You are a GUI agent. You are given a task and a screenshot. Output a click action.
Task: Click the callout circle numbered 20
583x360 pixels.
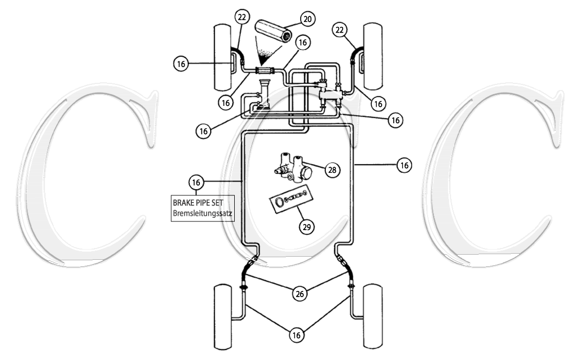[307, 18]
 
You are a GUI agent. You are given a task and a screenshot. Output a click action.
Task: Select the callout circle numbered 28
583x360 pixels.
[332, 170]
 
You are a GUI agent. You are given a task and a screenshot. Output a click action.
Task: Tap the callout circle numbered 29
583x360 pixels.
[307, 227]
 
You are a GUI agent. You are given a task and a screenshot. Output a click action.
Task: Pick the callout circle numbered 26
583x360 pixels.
[299, 294]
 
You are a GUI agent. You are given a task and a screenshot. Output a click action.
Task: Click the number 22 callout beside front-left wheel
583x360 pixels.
[242, 17]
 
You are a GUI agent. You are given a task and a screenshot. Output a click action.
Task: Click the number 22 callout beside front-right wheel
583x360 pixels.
[340, 30]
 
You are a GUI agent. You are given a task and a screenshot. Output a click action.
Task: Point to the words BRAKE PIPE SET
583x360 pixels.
[198, 202]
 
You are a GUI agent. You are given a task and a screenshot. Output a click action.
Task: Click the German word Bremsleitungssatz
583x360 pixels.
[203, 213]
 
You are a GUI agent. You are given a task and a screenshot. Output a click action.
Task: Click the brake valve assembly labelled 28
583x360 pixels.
[292, 167]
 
